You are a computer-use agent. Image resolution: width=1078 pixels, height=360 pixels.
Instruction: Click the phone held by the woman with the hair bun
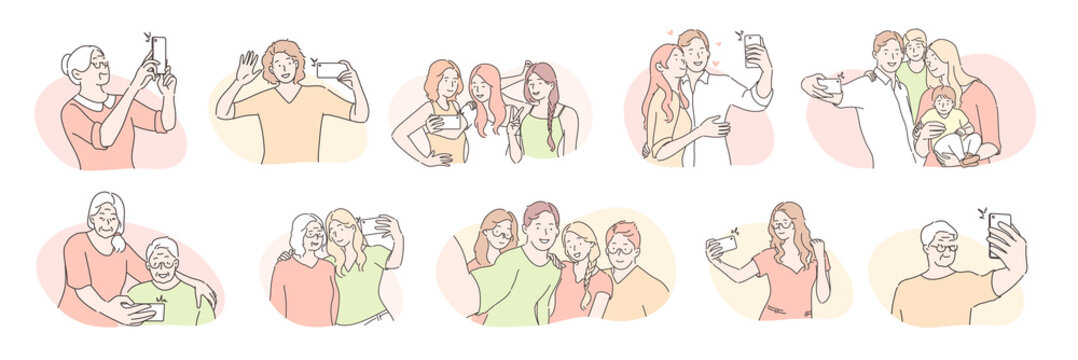(x=158, y=51)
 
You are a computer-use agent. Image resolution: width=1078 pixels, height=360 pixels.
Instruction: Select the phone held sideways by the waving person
(x=330, y=70)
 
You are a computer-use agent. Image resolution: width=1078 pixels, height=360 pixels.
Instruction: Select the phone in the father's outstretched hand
(x=829, y=85)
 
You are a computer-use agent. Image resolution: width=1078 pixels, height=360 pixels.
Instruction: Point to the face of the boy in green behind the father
(x=915, y=50)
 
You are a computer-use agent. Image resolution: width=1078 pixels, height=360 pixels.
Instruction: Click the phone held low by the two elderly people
(x=149, y=311)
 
